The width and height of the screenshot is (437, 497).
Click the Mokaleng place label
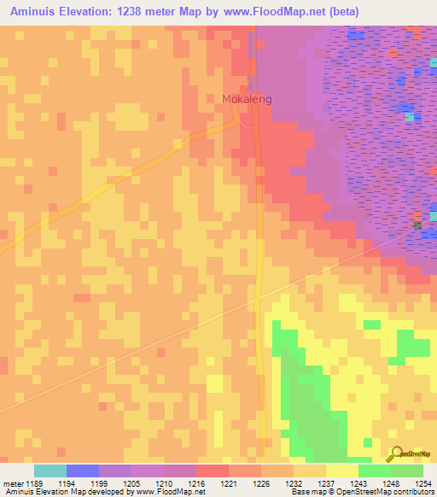click(247, 99)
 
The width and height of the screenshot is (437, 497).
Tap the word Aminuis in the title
click(35, 12)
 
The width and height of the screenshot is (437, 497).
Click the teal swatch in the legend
click(50, 471)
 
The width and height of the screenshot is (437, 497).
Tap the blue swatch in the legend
click(82, 471)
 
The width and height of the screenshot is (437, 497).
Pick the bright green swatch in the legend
click(374, 471)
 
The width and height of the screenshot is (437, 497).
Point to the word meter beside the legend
click(12, 483)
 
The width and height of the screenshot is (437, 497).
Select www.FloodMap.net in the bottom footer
click(170, 493)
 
